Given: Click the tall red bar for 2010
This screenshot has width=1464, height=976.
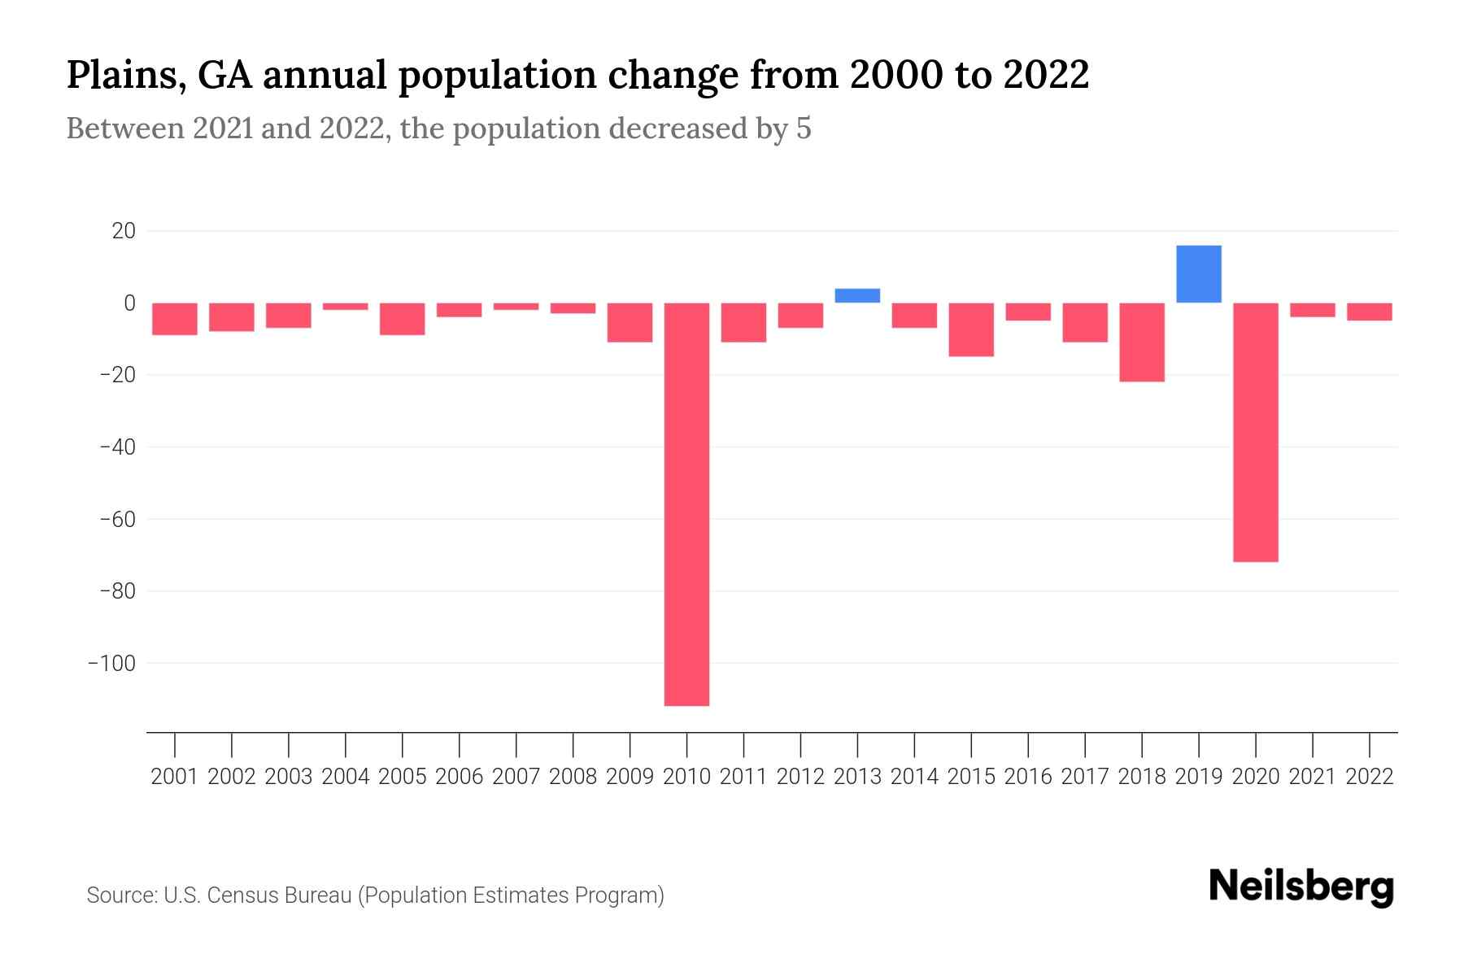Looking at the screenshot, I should [686, 504].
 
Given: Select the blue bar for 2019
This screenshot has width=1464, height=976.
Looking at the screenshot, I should [1198, 274].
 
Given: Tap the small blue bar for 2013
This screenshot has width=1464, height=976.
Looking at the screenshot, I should [857, 295].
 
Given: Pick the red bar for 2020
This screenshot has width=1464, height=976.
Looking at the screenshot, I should [1255, 432].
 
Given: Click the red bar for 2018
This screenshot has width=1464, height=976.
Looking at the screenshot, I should [1142, 342].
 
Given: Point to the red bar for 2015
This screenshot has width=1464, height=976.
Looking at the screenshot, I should [971, 329].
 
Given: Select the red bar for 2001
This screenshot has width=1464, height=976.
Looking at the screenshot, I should [175, 319].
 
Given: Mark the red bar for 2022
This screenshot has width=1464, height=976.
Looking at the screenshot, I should [1369, 312].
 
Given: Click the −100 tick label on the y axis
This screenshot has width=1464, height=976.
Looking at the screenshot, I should [111, 663].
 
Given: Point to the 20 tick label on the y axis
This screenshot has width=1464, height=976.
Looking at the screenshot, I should [124, 231].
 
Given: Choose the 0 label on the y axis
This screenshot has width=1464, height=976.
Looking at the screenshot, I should [129, 303].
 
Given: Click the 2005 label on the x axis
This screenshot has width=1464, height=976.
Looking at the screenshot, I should [403, 777].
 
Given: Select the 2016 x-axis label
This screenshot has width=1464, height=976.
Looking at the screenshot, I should [1028, 777].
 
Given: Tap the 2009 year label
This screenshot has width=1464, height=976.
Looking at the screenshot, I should [630, 777].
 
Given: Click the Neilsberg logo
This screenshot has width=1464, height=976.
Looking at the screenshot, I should [1301, 887].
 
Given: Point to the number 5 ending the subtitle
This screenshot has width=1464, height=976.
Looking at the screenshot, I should [804, 129].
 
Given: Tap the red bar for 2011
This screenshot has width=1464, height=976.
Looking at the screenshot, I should [743, 322].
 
